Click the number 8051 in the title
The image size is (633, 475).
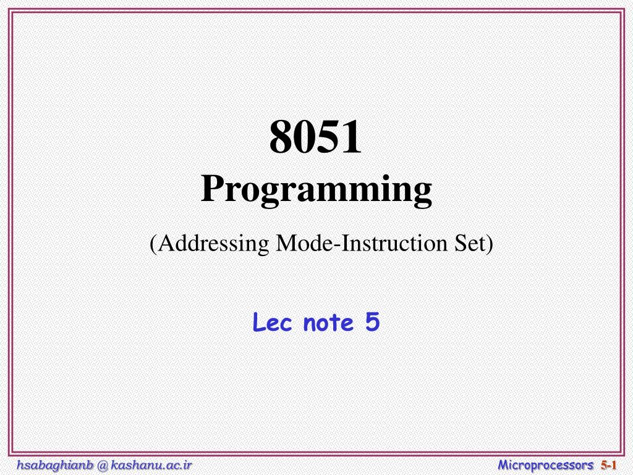pos(316,137)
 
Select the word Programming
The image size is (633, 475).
pos(316,190)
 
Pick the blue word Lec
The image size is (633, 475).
pos(272,323)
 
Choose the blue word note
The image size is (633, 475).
pos(328,323)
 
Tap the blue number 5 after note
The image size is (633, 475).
pos(373,322)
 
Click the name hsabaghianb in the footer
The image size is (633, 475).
pos(55,465)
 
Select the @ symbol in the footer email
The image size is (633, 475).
pos(103,466)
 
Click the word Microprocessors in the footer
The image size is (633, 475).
pos(546,465)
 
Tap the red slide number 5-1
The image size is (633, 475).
pos(609,465)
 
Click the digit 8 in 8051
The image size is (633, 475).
pos(281,137)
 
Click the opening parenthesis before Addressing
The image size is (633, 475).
pos(153,244)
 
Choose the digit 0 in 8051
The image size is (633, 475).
pos(305,137)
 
